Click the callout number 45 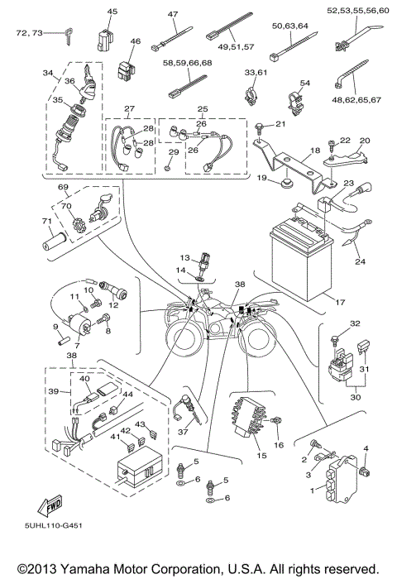[112, 11]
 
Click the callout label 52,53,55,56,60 [345, 11]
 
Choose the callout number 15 [261, 456]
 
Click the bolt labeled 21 [260, 127]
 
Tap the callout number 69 [61, 189]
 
